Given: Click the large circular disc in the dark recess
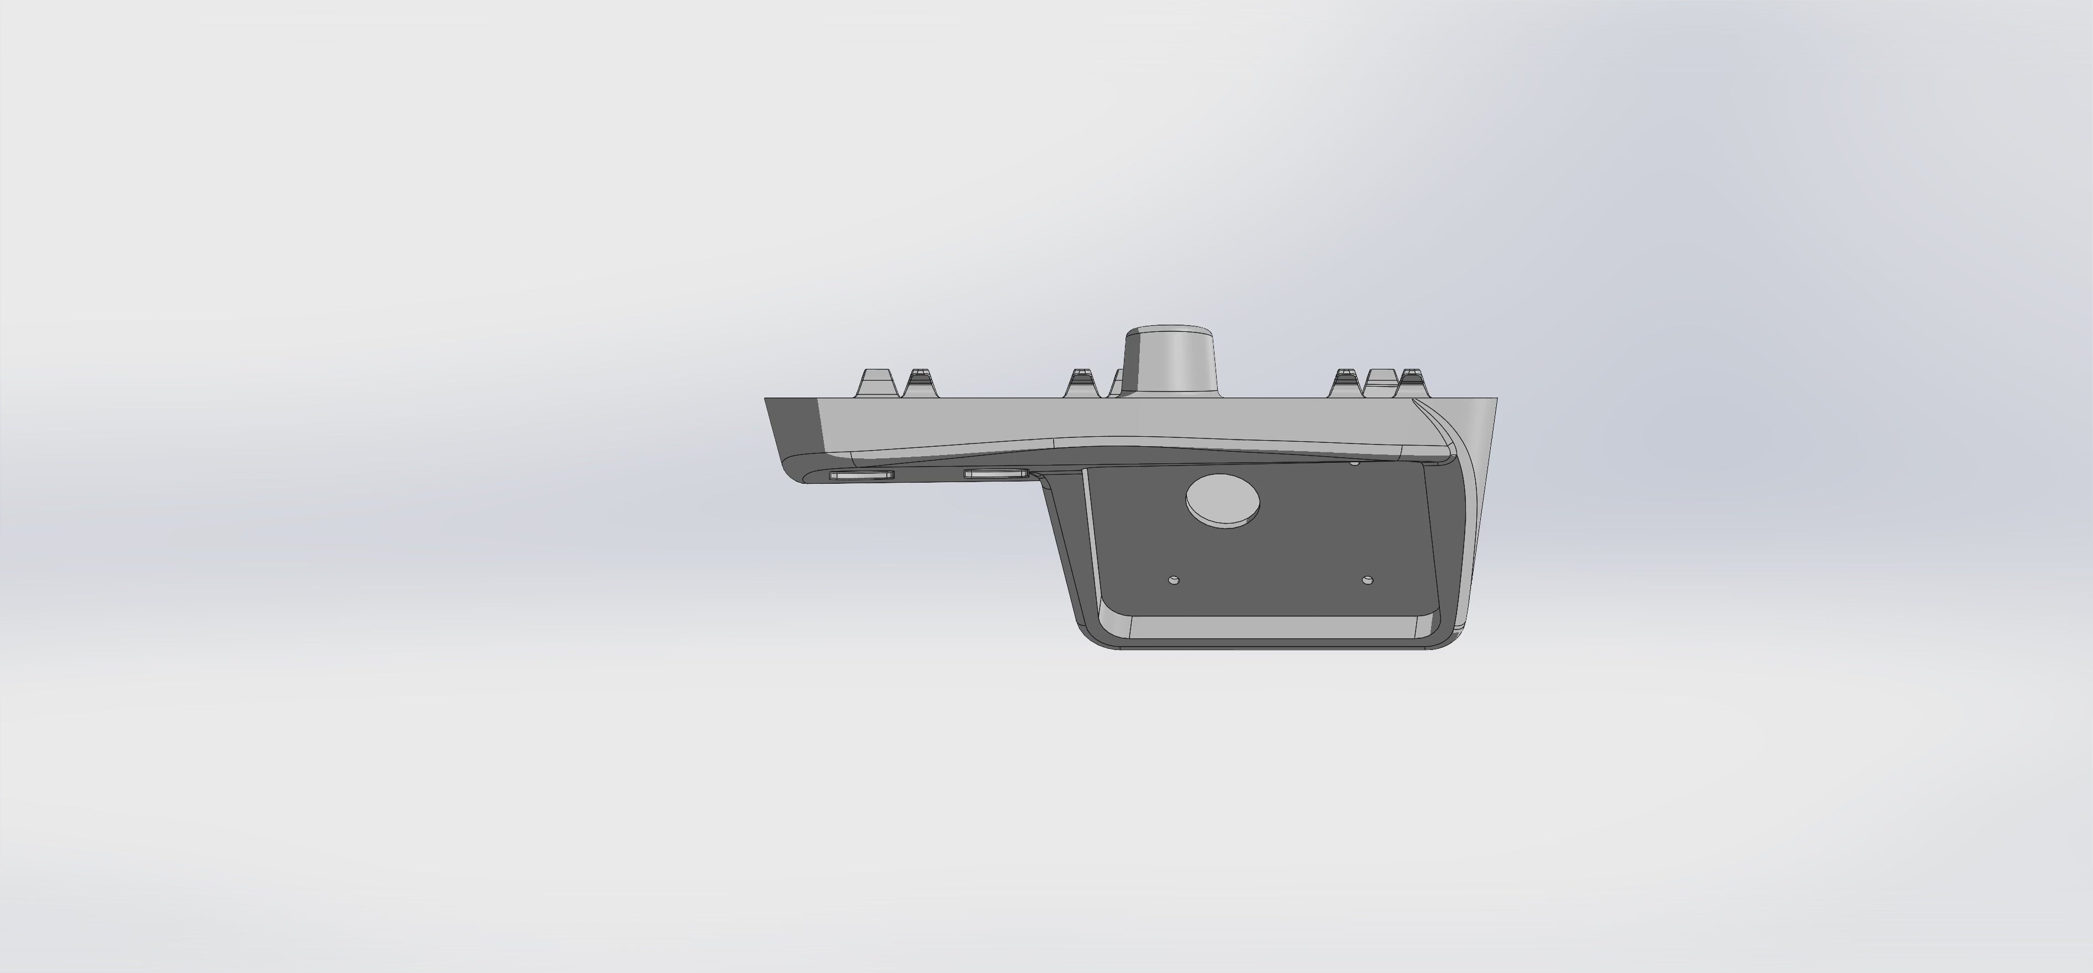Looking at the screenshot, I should tap(1224, 501).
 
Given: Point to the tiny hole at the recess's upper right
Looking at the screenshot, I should tap(1354, 463).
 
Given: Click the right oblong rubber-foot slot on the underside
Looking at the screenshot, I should tap(995, 473).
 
